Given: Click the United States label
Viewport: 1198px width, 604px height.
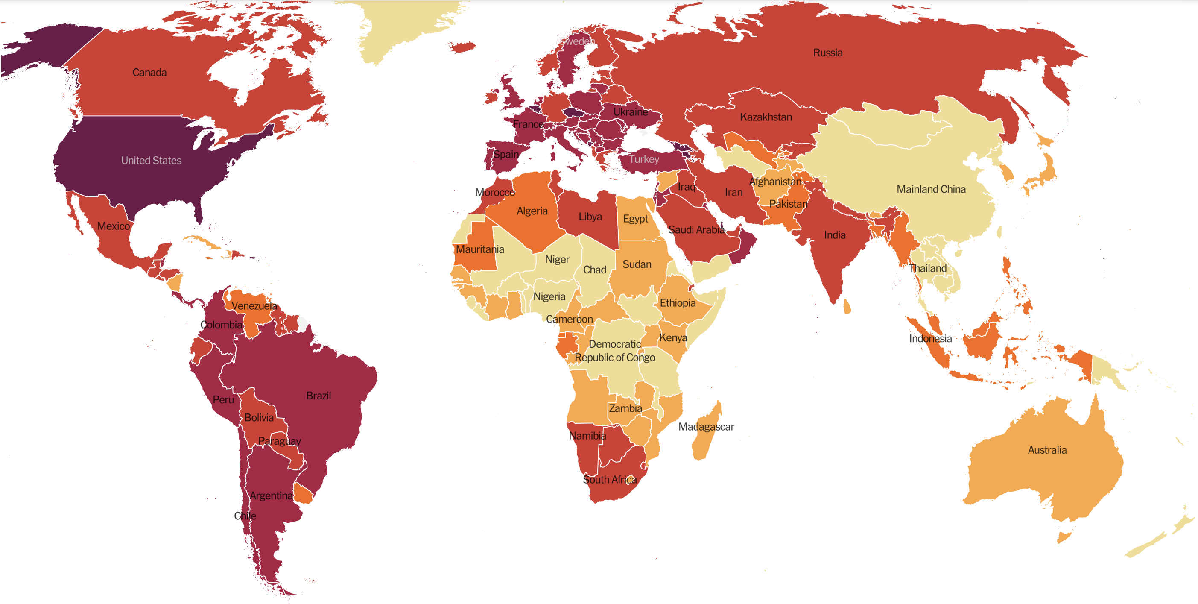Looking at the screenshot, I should point(151,161).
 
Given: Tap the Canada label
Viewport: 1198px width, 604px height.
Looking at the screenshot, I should point(149,73).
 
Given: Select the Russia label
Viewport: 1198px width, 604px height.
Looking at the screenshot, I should point(827,53).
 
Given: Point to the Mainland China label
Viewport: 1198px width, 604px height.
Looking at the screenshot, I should point(931,189).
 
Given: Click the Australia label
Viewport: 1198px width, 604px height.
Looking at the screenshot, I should point(1047,450).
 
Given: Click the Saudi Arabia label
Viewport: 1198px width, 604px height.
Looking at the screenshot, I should point(696,229).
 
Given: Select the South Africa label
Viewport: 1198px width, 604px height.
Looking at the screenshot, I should point(609,479).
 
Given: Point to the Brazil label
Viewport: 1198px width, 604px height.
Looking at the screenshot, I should point(318,396).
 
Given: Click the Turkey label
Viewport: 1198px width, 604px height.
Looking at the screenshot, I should point(644,160).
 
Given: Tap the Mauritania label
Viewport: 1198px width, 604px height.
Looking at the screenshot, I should point(479,249).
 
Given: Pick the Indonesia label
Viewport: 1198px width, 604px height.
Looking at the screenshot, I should point(930,338).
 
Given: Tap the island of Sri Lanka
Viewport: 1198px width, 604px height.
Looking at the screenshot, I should point(847,306).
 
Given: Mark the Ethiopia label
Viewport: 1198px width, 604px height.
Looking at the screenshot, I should point(677,303).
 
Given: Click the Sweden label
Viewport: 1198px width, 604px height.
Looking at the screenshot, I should point(577,41).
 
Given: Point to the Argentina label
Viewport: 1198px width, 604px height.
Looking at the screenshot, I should point(271,496).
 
